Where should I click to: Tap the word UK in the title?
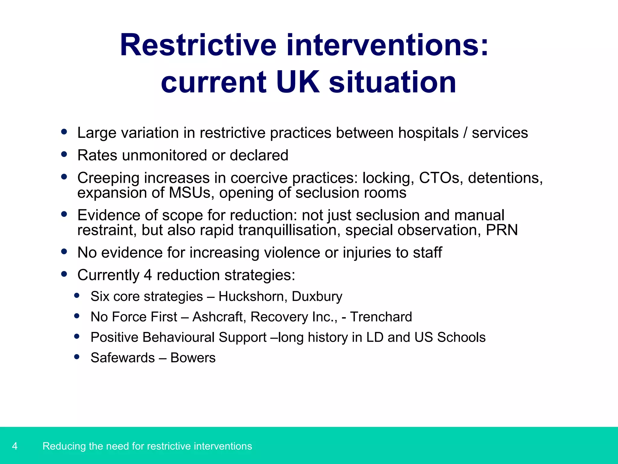(298, 82)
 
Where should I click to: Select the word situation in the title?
(392, 82)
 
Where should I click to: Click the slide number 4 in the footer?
(15, 446)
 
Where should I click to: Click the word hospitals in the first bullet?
(428, 133)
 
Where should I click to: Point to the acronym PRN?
(502, 230)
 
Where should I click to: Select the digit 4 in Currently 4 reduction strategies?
(148, 275)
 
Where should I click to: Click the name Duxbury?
(317, 296)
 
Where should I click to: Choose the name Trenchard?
(381, 317)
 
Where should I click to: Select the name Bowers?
(193, 358)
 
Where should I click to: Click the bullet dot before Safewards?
(77, 357)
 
